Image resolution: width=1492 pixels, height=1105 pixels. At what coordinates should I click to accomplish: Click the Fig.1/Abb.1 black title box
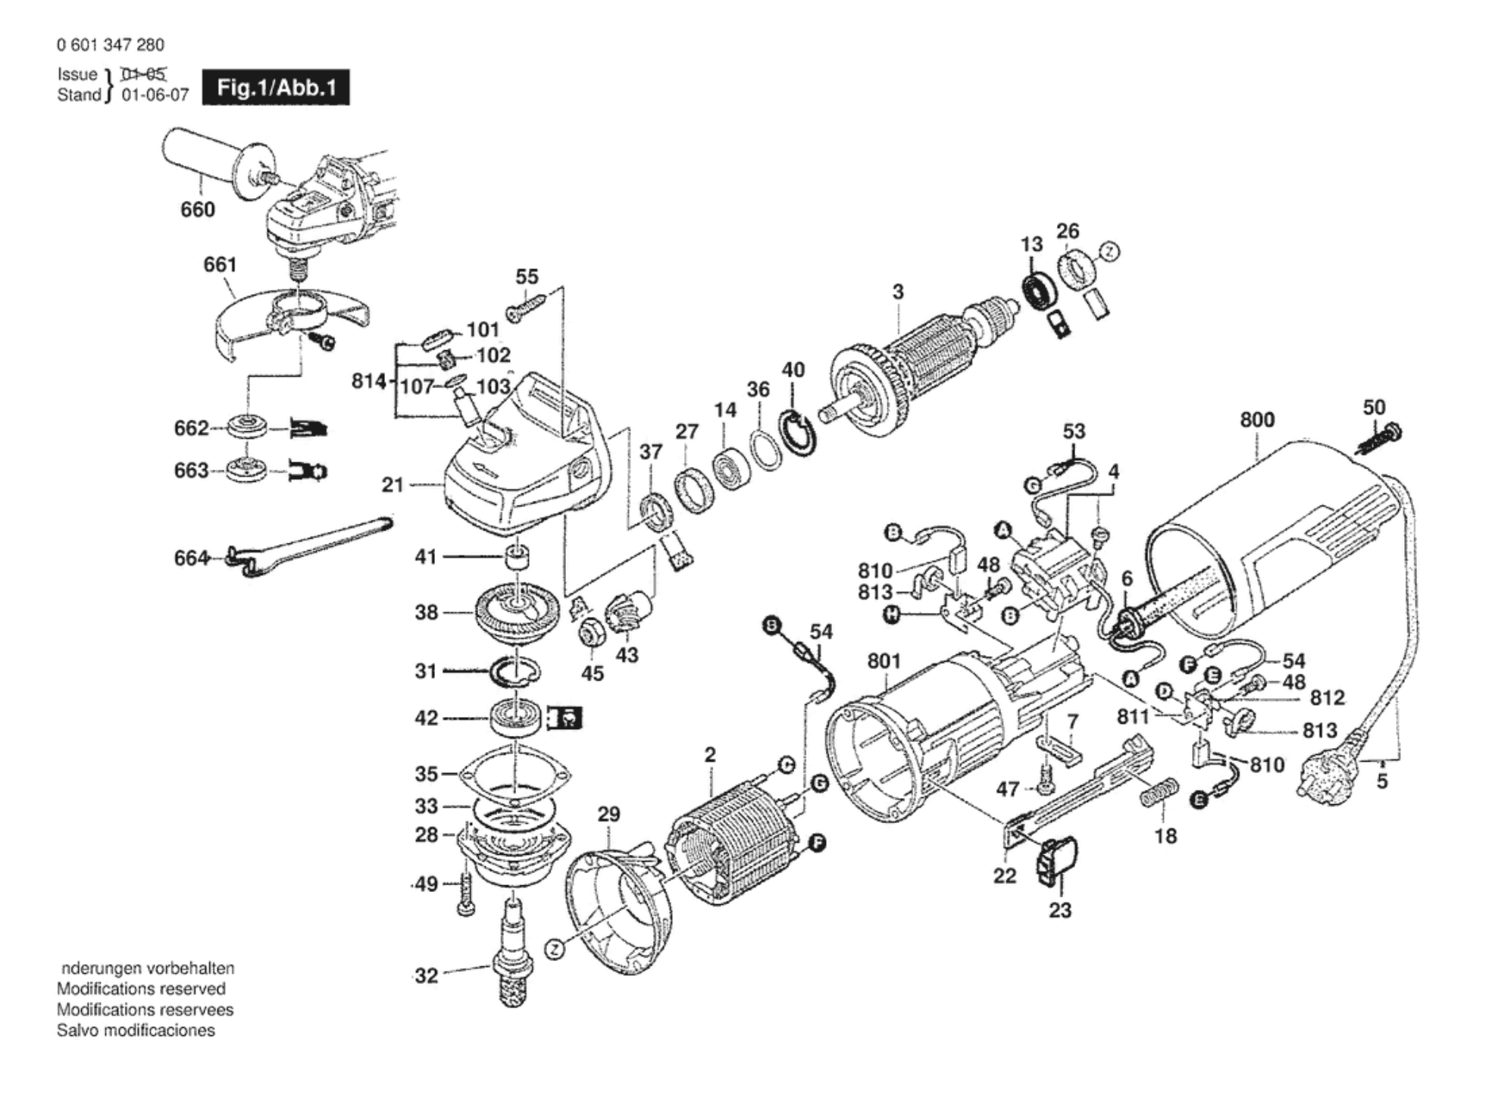(x=276, y=88)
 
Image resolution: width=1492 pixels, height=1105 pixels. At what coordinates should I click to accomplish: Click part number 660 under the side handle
(x=197, y=209)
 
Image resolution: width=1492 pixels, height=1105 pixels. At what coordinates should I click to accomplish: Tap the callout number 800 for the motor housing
(x=1257, y=419)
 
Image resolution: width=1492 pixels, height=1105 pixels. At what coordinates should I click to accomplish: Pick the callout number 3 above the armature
(x=898, y=292)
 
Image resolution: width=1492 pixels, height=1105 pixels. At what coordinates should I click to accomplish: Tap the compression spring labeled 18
(x=1159, y=793)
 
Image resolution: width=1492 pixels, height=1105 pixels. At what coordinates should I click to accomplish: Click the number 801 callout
(x=884, y=661)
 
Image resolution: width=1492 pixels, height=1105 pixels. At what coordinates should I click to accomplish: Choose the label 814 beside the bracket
(x=369, y=380)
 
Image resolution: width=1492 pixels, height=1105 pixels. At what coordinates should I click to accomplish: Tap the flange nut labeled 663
(x=247, y=470)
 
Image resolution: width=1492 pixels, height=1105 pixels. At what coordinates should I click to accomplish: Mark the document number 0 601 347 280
(x=110, y=45)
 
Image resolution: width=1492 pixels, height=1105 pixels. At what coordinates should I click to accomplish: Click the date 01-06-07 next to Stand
(x=155, y=95)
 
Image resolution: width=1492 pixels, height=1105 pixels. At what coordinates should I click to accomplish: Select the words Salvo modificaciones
(x=136, y=1030)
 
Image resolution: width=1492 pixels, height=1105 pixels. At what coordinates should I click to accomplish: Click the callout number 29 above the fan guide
(x=608, y=814)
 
